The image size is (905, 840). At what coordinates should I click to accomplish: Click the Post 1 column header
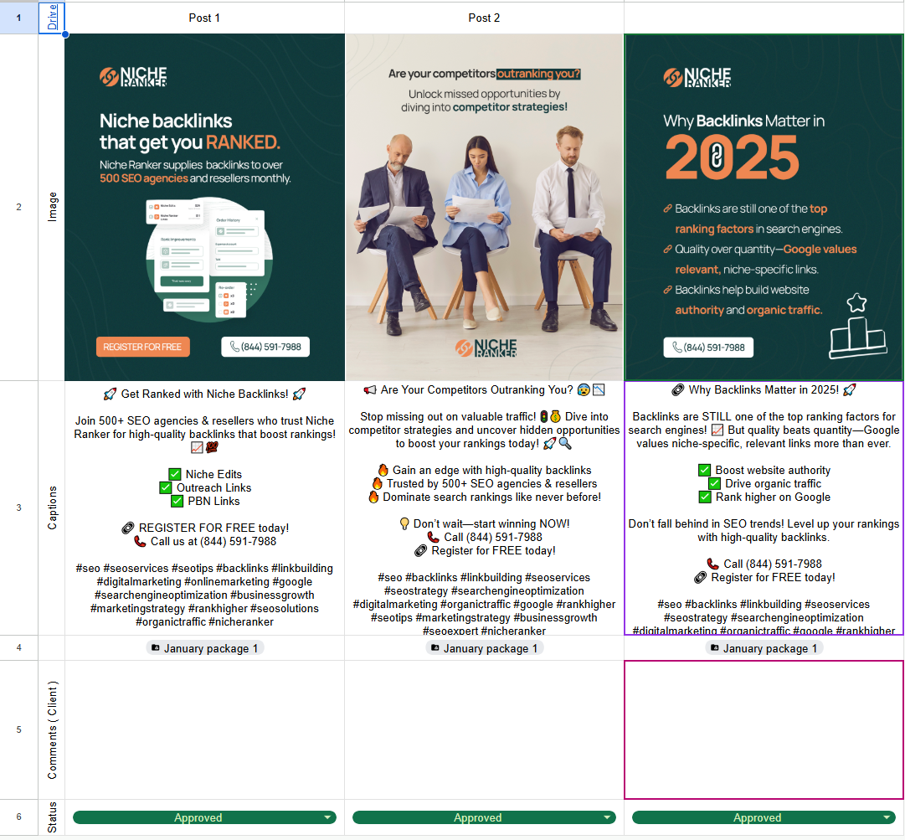click(204, 18)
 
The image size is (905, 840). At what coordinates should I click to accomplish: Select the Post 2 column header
click(484, 18)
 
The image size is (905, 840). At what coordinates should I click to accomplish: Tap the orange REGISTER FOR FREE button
click(142, 347)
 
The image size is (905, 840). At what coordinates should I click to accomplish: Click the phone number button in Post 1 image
click(265, 347)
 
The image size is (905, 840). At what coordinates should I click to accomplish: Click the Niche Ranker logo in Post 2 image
click(486, 348)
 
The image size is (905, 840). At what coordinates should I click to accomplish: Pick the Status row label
click(52, 818)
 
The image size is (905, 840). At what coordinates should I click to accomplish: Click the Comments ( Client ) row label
click(52, 730)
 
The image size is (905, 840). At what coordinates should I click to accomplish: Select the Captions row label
click(52, 508)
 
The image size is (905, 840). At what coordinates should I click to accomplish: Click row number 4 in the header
click(19, 648)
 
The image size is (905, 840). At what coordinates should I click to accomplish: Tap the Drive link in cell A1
click(52, 18)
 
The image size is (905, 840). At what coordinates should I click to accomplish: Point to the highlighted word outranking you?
click(538, 74)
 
